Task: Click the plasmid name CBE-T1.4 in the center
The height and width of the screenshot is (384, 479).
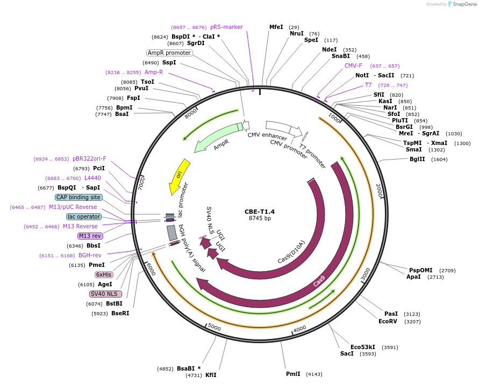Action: click(x=260, y=211)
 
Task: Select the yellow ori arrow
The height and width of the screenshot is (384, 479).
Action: click(x=180, y=176)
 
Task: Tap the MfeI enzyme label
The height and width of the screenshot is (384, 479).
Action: click(x=276, y=27)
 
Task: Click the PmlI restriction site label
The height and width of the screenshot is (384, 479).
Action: click(x=293, y=374)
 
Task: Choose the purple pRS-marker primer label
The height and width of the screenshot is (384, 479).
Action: click(x=226, y=27)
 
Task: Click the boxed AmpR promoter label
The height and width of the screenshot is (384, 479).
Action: click(x=169, y=53)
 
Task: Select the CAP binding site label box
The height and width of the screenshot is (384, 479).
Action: click(x=78, y=197)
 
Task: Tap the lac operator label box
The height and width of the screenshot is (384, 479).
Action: click(x=83, y=216)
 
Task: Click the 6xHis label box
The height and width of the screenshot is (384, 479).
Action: click(x=104, y=274)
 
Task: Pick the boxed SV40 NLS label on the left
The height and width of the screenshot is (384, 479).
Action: click(x=105, y=294)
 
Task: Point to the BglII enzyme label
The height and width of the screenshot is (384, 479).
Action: click(x=417, y=159)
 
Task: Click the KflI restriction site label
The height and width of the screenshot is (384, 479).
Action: click(x=210, y=375)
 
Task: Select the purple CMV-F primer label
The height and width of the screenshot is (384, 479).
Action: click(x=353, y=66)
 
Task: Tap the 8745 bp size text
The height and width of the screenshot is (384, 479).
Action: click(x=260, y=218)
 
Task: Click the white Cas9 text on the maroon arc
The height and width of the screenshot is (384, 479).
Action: click(x=319, y=281)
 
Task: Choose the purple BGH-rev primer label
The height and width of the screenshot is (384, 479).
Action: click(x=90, y=255)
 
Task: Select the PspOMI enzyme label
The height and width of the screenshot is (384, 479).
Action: click(x=420, y=270)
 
